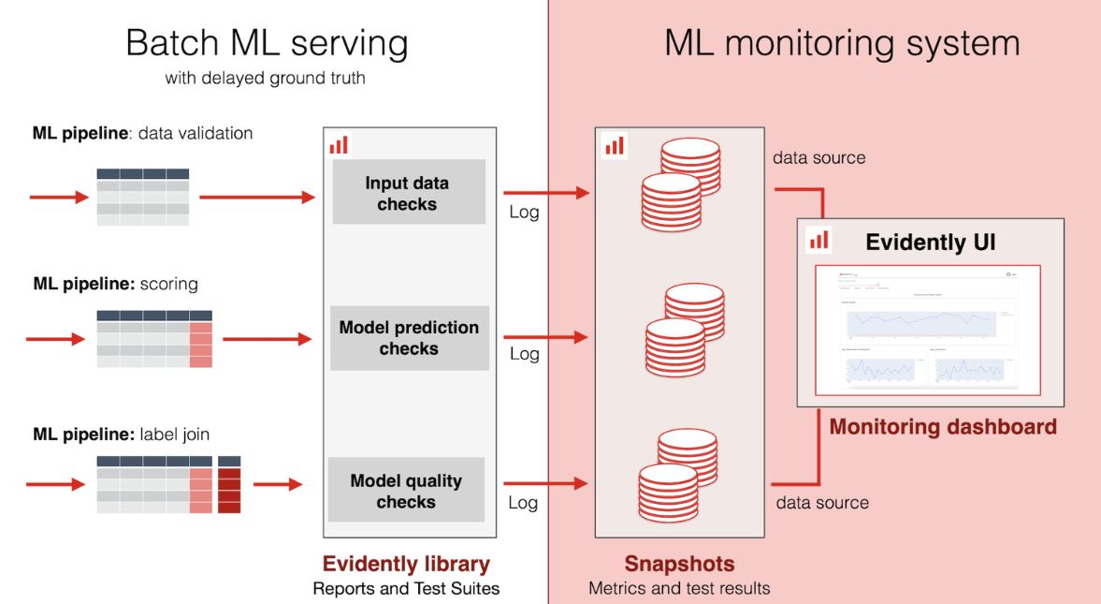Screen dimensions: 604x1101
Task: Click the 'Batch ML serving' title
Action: (x=267, y=43)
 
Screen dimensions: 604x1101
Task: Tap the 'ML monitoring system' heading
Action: (x=842, y=43)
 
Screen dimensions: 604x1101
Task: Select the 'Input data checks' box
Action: (x=408, y=193)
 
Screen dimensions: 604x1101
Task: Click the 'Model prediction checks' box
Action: (x=409, y=338)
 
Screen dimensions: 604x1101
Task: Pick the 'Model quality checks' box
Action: (x=406, y=491)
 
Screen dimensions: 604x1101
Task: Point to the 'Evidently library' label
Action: (x=406, y=564)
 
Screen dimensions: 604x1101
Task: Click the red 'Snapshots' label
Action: (x=680, y=565)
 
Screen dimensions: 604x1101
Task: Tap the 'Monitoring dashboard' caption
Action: (x=943, y=427)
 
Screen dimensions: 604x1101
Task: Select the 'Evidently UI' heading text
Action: (x=930, y=243)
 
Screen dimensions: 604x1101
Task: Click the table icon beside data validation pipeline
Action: (x=143, y=197)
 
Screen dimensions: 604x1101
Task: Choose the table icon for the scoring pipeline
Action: (x=154, y=339)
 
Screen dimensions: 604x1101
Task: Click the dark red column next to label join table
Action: (x=229, y=485)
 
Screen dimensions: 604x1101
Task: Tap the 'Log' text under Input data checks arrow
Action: (x=524, y=213)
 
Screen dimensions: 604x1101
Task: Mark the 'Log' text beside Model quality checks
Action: (x=523, y=503)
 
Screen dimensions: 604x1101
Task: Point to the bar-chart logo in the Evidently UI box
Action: (x=819, y=240)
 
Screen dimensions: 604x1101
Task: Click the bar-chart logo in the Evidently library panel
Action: (x=339, y=144)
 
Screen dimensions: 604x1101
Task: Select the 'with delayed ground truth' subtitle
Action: (x=265, y=79)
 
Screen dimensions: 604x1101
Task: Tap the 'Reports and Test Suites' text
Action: (x=406, y=589)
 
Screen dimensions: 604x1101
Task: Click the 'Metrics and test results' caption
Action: (x=679, y=589)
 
